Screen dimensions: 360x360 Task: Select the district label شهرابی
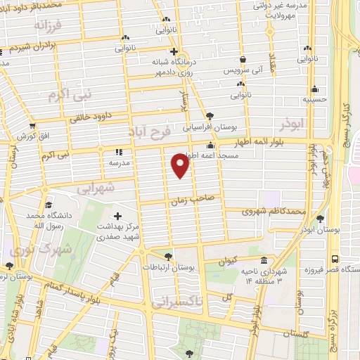(93, 188)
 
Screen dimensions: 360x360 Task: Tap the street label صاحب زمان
(196, 201)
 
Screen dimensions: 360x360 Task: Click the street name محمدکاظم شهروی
(274, 211)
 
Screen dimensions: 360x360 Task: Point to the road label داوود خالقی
(94, 118)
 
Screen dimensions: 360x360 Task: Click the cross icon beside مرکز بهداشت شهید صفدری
(117, 216)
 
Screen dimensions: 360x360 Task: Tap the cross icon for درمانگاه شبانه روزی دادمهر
(173, 51)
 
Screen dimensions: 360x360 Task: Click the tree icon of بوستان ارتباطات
(167, 257)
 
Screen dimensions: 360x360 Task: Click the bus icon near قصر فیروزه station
(335, 258)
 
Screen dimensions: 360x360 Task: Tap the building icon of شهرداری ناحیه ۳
(264, 260)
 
